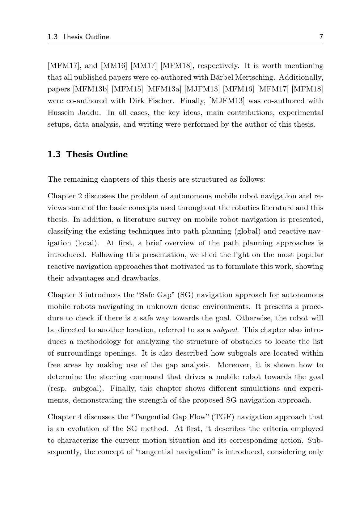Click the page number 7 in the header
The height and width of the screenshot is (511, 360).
321,37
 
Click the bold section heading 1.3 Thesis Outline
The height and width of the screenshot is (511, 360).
87,154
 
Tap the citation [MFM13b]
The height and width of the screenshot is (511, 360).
91,89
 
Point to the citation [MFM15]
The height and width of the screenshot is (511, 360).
127,89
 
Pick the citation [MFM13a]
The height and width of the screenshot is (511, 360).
163,89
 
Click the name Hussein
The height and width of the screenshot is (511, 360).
61,113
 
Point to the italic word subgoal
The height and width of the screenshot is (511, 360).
226,330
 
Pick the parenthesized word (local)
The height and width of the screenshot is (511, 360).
87,243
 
